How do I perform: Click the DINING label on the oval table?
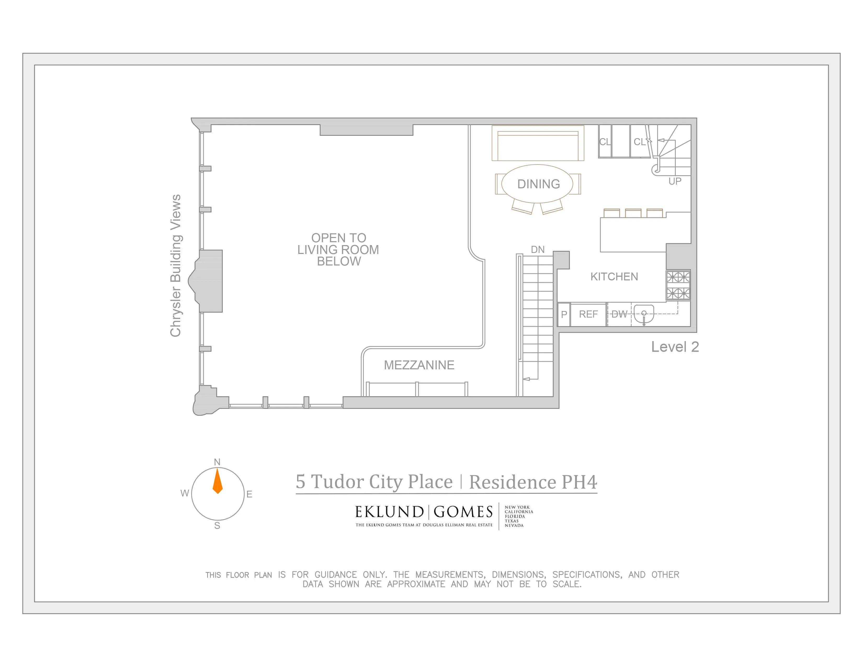(538, 184)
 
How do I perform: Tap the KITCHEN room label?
(614, 276)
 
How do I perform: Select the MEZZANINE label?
(419, 365)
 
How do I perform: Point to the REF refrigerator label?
(588, 314)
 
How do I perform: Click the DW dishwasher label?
(619, 314)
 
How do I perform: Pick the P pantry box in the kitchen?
(564, 314)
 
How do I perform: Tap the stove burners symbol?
(678, 285)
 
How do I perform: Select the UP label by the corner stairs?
(675, 181)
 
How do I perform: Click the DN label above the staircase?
(537, 250)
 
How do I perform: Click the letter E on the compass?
(249, 494)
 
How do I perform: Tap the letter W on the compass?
(185, 493)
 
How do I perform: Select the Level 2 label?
(675, 347)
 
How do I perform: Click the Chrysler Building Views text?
(175, 265)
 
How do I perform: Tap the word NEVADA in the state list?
(514, 525)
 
